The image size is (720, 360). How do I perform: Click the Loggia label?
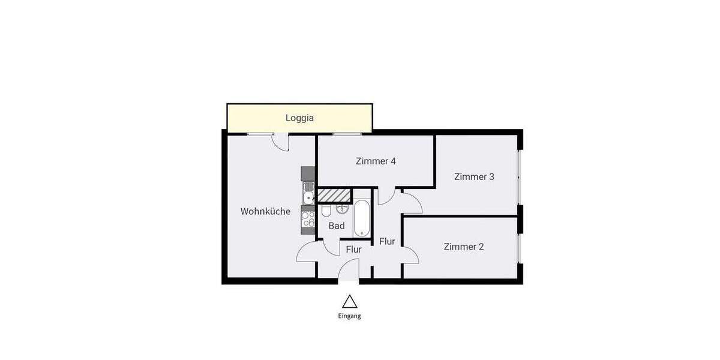click(x=299, y=118)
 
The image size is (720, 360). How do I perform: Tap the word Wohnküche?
click(x=265, y=211)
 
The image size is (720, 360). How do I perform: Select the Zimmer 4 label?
click(x=376, y=161)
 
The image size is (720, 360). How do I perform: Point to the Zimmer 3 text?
click(x=474, y=176)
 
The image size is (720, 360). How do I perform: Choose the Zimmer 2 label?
click(x=464, y=247)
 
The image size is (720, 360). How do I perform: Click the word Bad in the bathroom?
click(x=337, y=226)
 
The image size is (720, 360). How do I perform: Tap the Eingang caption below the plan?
click(x=349, y=316)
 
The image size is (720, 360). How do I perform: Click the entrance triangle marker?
click(x=349, y=301)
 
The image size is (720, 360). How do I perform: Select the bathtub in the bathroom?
click(x=362, y=219)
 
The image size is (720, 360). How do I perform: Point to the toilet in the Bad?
click(x=326, y=211)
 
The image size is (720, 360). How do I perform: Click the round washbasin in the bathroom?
click(x=342, y=209)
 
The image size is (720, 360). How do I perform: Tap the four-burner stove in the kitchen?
click(x=308, y=220)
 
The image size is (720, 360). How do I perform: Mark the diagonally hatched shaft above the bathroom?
click(x=334, y=196)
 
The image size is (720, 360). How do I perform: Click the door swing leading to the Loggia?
click(x=280, y=143)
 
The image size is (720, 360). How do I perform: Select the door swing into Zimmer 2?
click(x=410, y=255)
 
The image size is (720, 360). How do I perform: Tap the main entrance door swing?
click(x=350, y=270)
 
